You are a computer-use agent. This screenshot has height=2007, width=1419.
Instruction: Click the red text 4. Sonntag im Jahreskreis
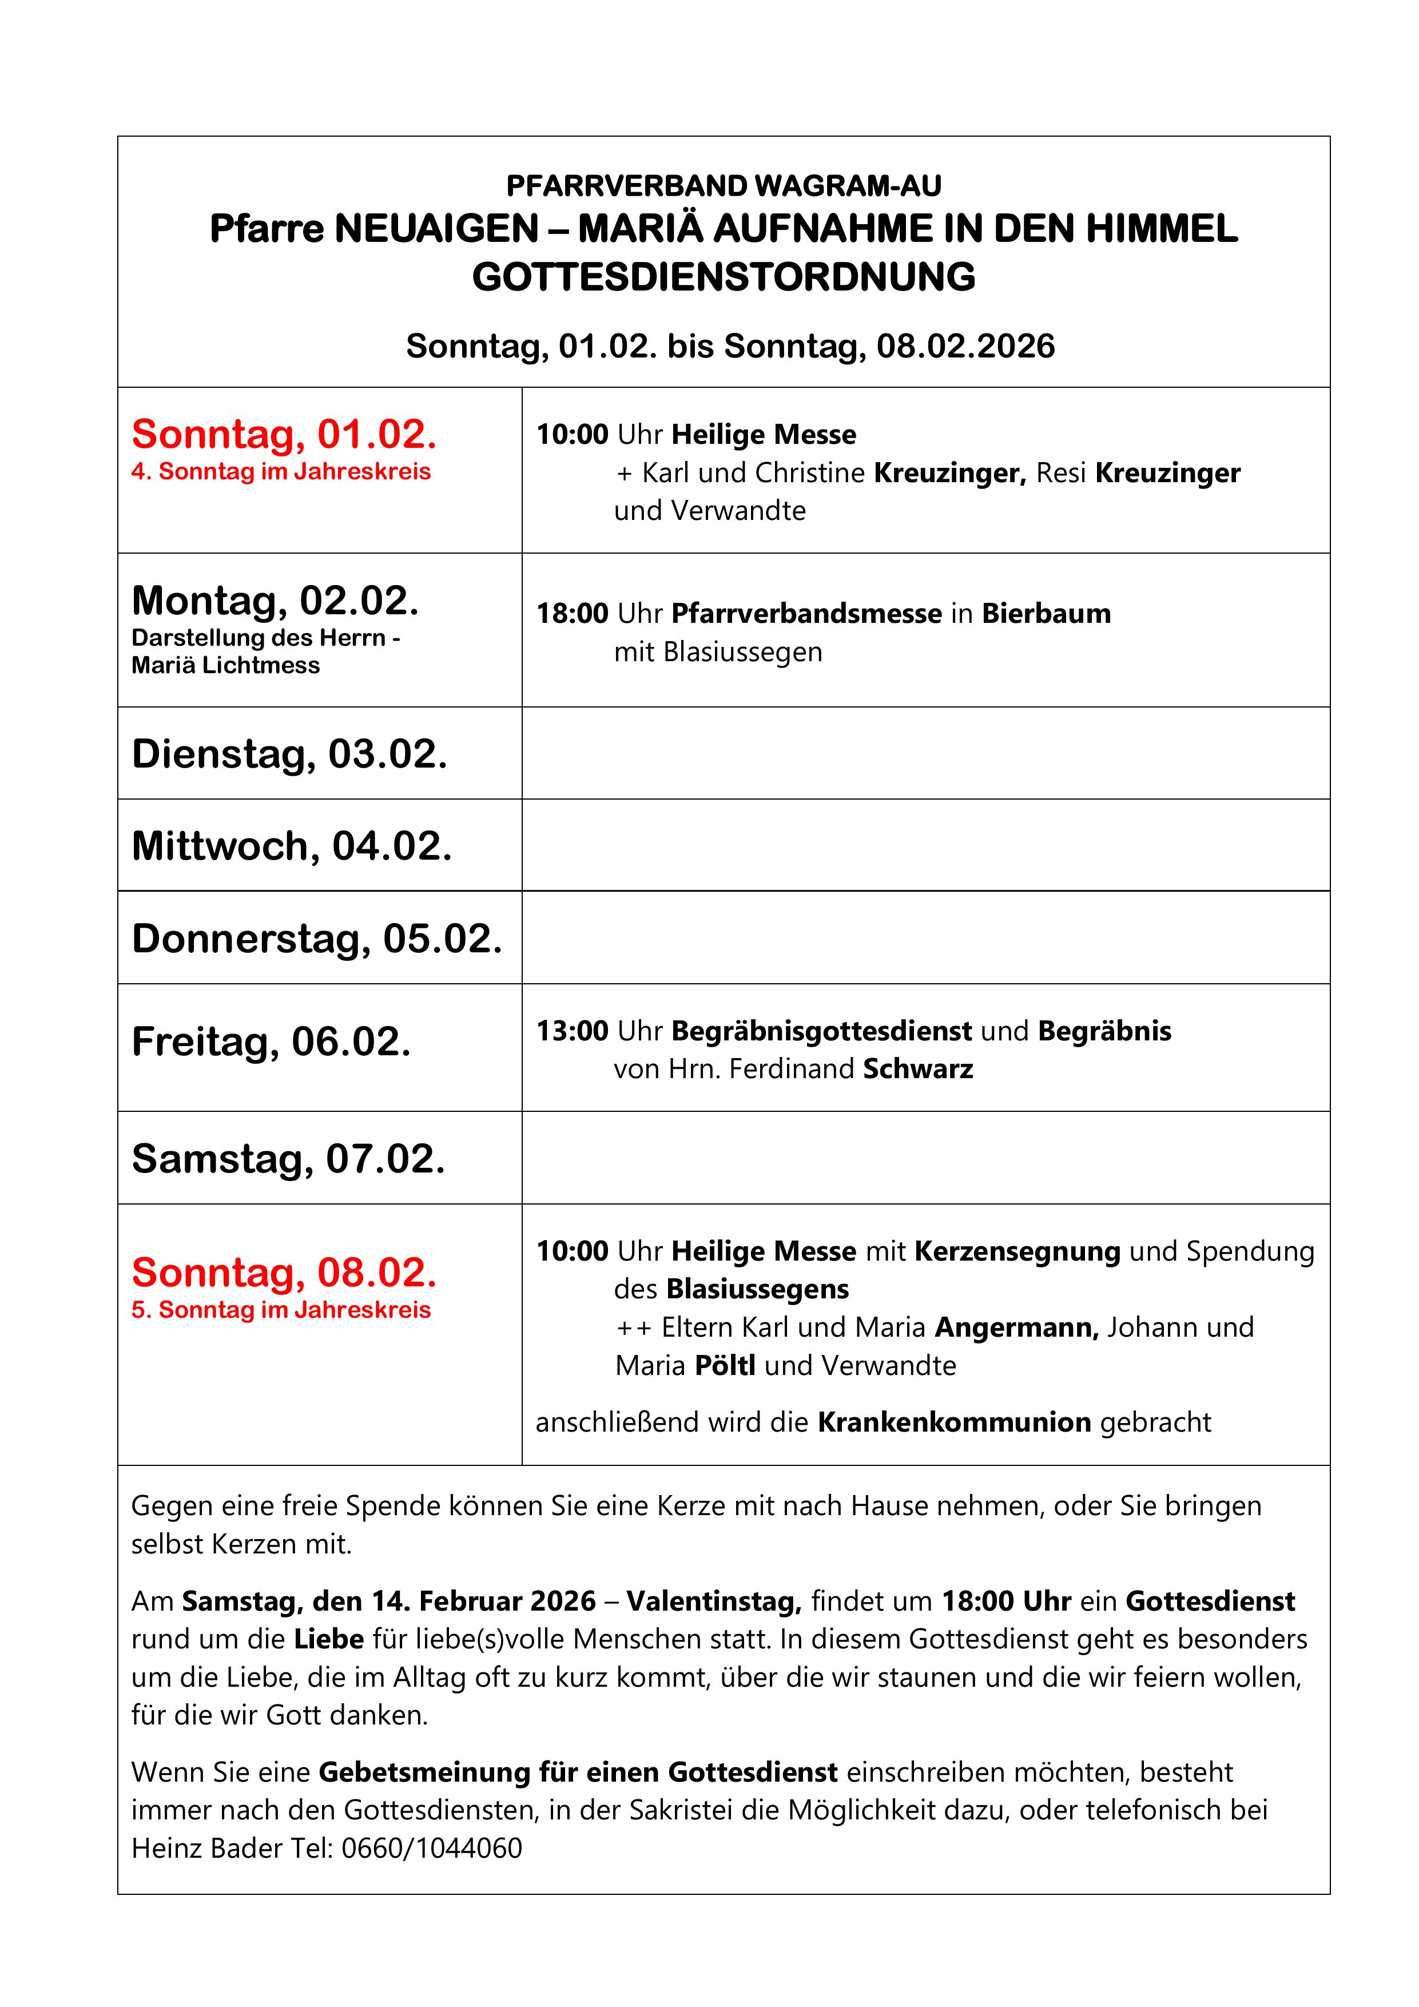(281, 472)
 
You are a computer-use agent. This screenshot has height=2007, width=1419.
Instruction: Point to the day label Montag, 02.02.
(275, 601)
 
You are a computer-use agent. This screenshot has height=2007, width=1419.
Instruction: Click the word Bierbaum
(1046, 614)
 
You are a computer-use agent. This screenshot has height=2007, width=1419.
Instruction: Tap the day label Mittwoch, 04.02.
(291, 846)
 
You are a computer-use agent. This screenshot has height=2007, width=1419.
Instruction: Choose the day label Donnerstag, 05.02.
(316, 939)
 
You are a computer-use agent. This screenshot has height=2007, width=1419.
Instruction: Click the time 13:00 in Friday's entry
(572, 1031)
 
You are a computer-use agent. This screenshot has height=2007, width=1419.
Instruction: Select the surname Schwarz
(917, 1069)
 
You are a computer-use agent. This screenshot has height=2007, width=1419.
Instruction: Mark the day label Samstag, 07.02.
(288, 1159)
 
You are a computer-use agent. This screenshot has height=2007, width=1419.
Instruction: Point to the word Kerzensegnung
(1017, 1252)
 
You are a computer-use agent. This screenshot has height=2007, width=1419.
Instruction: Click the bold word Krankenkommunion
(954, 1422)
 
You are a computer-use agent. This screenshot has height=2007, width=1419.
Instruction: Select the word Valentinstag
(713, 1601)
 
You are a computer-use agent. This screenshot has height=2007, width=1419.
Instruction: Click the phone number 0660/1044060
(431, 1848)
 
